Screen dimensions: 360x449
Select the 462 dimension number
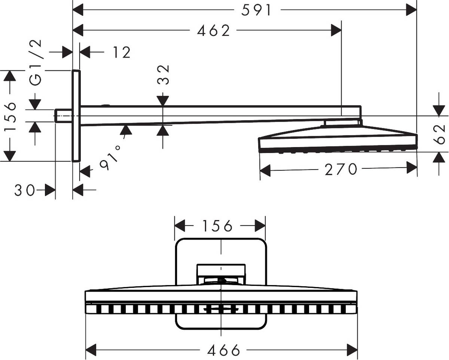[214, 31]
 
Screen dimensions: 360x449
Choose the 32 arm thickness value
[164, 75]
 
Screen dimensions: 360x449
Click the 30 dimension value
[25, 190]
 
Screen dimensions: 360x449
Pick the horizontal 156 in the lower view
[217, 226]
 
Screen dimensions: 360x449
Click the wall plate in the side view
[76, 116]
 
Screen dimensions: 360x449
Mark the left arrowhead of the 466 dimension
[91, 350]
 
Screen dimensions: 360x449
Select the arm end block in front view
[222, 270]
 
